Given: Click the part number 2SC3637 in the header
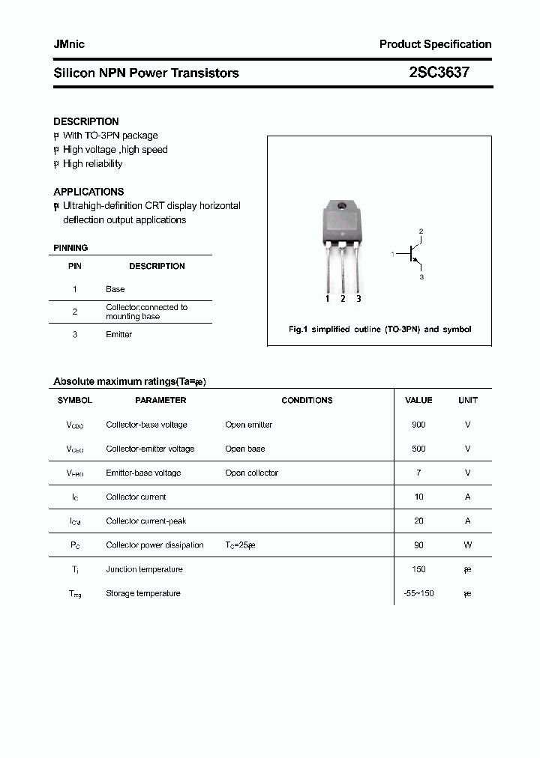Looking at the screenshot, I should coord(439,73).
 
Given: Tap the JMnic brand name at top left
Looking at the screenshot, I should coord(69,44).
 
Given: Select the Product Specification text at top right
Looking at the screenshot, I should coord(435,44).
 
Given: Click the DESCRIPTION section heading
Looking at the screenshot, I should coord(86,121).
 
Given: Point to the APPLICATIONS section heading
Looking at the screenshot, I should coord(88,192).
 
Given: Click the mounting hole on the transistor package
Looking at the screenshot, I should coord(342,207).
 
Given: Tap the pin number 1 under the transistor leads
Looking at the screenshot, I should coord(328,299).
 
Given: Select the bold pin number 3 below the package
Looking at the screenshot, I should coord(358,299).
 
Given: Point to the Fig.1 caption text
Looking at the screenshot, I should coord(379,329).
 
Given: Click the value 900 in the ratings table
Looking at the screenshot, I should coord(418,425).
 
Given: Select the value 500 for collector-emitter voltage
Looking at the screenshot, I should coord(418,449).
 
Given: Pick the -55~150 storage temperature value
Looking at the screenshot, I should coord(418,593).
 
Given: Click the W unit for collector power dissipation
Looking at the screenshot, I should coord(467,545).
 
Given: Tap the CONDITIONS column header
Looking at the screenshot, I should coord(307,401).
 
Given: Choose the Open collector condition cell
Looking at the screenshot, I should coord(251,473).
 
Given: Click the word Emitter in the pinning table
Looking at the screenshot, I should coord(118,334).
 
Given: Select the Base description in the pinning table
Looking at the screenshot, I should coord(115,289).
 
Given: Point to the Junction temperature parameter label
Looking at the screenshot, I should coord(144,569).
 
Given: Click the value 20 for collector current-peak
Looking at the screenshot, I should coord(418,521).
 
